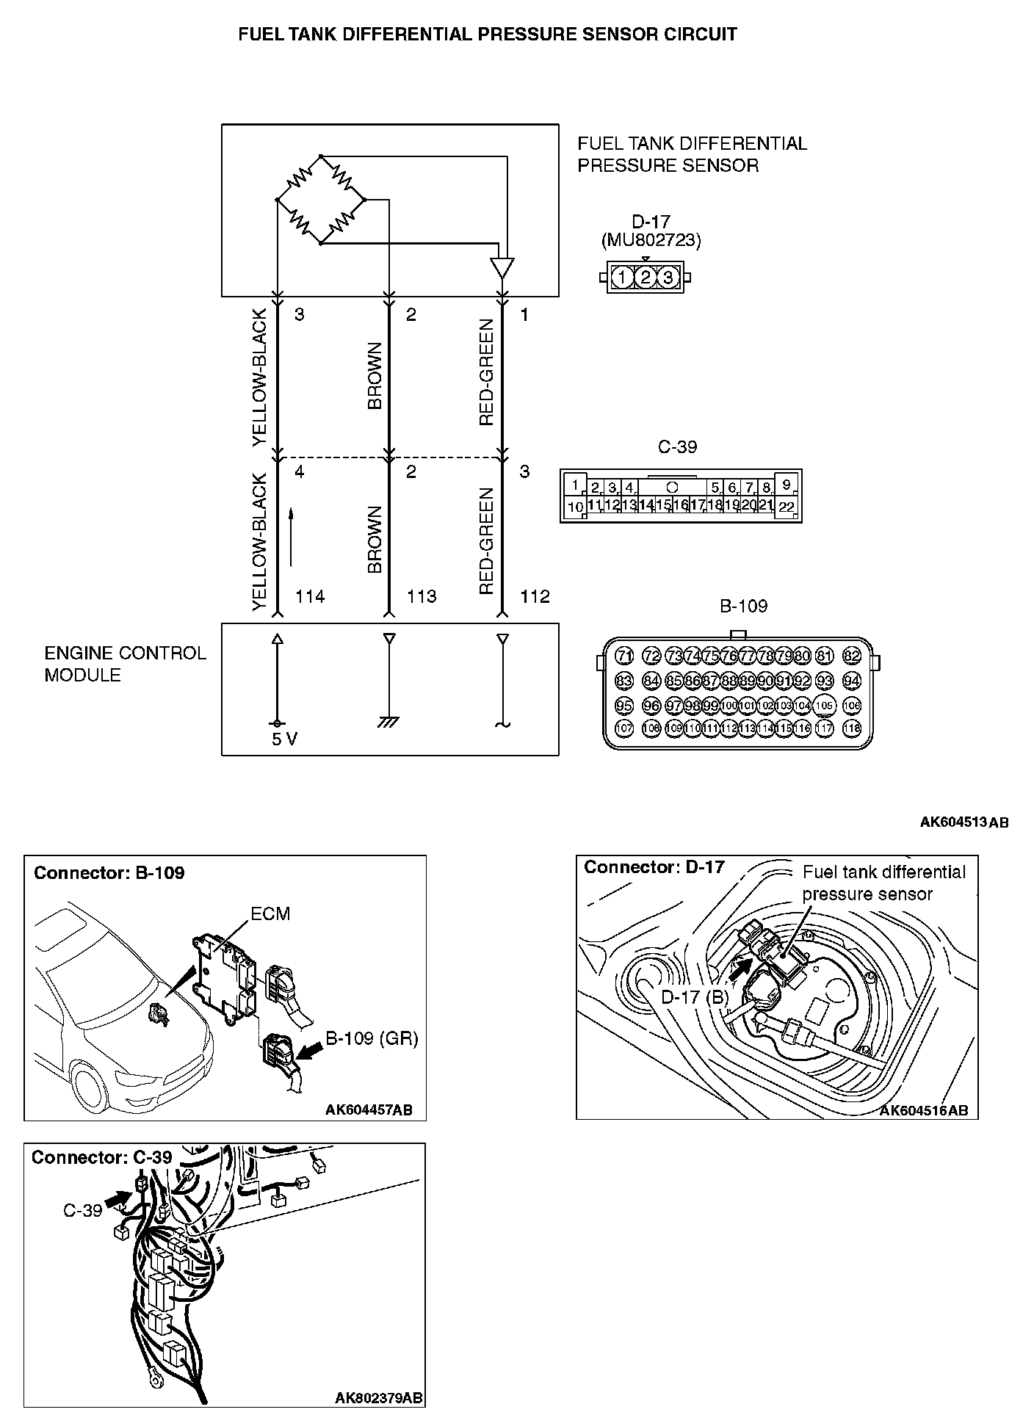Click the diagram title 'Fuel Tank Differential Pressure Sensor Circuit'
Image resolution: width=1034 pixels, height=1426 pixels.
tap(488, 35)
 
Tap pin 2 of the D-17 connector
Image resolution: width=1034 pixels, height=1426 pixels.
tap(645, 278)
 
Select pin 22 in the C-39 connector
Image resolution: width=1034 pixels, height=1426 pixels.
tap(786, 506)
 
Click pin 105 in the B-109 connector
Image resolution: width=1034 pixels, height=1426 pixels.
tap(825, 706)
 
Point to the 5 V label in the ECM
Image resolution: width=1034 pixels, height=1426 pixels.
tap(284, 739)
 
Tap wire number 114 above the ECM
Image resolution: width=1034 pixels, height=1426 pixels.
tap(310, 596)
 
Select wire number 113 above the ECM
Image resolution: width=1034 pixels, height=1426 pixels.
tap(422, 596)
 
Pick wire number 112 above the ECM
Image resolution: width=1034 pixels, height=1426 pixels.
tap(535, 596)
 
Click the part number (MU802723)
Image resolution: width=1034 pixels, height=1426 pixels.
tap(651, 240)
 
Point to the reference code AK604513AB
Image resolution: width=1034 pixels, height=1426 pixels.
tap(963, 822)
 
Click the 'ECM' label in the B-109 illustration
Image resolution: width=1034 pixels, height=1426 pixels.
tap(270, 913)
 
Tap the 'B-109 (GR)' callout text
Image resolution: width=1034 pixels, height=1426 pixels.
tap(372, 1038)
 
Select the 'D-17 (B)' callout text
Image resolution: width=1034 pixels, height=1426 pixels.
tap(695, 996)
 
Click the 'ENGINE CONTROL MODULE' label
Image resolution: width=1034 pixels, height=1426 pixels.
tap(125, 664)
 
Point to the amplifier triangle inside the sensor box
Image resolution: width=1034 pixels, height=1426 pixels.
tap(502, 268)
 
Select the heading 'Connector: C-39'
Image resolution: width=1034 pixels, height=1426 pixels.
tap(101, 1157)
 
